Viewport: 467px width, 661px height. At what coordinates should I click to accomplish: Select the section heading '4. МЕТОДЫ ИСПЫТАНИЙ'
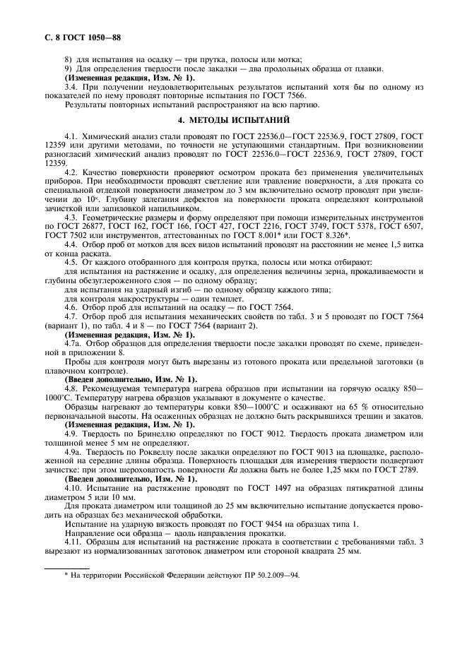[x=233, y=119]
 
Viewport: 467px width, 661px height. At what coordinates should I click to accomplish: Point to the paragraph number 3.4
[x=72, y=85]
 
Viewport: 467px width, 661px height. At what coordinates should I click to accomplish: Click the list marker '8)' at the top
[x=69, y=59]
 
